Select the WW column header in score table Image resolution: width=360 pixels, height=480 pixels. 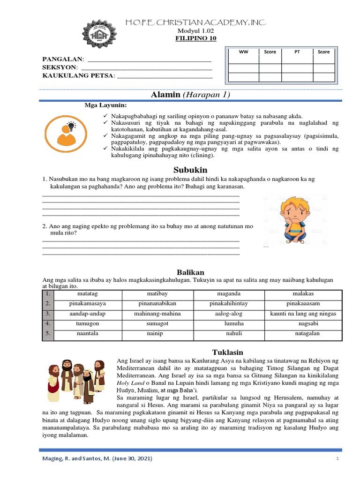point(243,52)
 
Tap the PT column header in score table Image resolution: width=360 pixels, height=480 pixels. point(297,52)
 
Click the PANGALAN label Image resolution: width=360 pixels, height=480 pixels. point(63,60)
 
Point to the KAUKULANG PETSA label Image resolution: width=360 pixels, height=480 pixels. point(78,75)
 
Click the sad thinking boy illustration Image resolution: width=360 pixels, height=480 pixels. point(292,221)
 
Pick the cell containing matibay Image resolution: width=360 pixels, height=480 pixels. point(157,294)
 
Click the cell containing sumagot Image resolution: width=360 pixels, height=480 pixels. point(157,323)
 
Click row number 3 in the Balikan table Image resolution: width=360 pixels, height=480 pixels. point(48,314)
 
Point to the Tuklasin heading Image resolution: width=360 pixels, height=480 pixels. point(228,352)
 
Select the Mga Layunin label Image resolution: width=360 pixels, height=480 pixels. point(105,105)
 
